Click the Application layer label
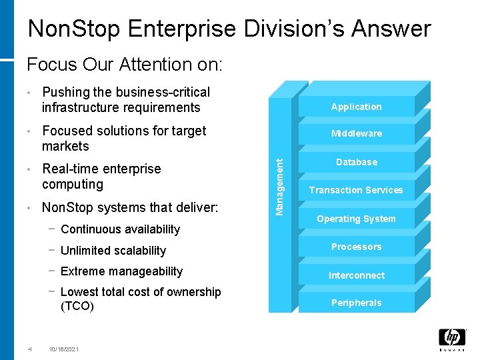click(x=356, y=107)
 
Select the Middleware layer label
click(x=356, y=133)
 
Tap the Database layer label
click(x=356, y=162)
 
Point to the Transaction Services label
click(x=356, y=190)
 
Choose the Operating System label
click(x=356, y=219)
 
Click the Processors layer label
click(x=356, y=247)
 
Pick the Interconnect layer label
click(x=356, y=275)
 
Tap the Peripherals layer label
click(x=356, y=303)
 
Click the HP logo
click(x=452, y=337)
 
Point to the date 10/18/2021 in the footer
click(x=63, y=349)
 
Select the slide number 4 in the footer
click(x=29, y=349)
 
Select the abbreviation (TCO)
click(x=77, y=307)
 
